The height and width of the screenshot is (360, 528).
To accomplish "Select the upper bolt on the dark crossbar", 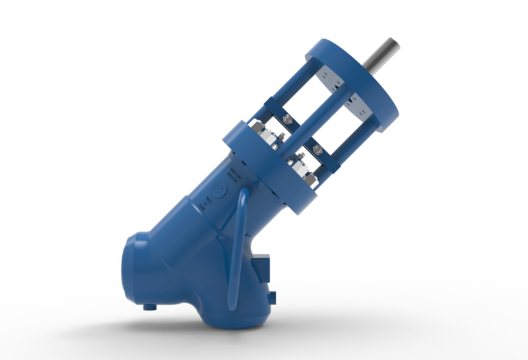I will tap(286, 120).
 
